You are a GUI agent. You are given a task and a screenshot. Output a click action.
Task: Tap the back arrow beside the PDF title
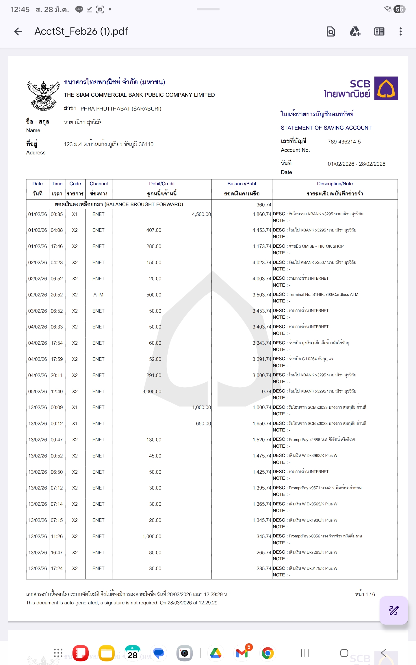pos(18,31)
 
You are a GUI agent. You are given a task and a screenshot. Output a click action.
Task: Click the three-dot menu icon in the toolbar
pos(400,31)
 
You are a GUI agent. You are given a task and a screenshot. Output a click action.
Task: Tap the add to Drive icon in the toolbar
pos(355,31)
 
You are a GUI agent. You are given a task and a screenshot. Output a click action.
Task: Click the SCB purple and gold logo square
pos(386,88)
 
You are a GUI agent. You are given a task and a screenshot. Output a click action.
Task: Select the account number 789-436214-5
pos(344,142)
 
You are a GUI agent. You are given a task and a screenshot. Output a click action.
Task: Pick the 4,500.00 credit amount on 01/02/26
pos(201,214)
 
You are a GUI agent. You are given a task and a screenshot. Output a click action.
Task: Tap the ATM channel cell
pos(98,295)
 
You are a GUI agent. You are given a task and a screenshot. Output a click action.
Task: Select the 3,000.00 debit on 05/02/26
pos(152,392)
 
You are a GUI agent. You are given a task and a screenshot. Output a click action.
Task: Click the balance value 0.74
pos(266,392)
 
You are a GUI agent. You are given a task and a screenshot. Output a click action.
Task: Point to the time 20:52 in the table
pos(57,295)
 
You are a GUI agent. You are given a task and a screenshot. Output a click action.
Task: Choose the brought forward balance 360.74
pos(264,205)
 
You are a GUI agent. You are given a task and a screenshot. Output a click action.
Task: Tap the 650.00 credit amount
pos(203,424)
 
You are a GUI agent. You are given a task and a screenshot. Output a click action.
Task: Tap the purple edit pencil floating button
pos(393,610)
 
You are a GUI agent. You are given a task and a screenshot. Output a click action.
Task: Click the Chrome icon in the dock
pos(268,653)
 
